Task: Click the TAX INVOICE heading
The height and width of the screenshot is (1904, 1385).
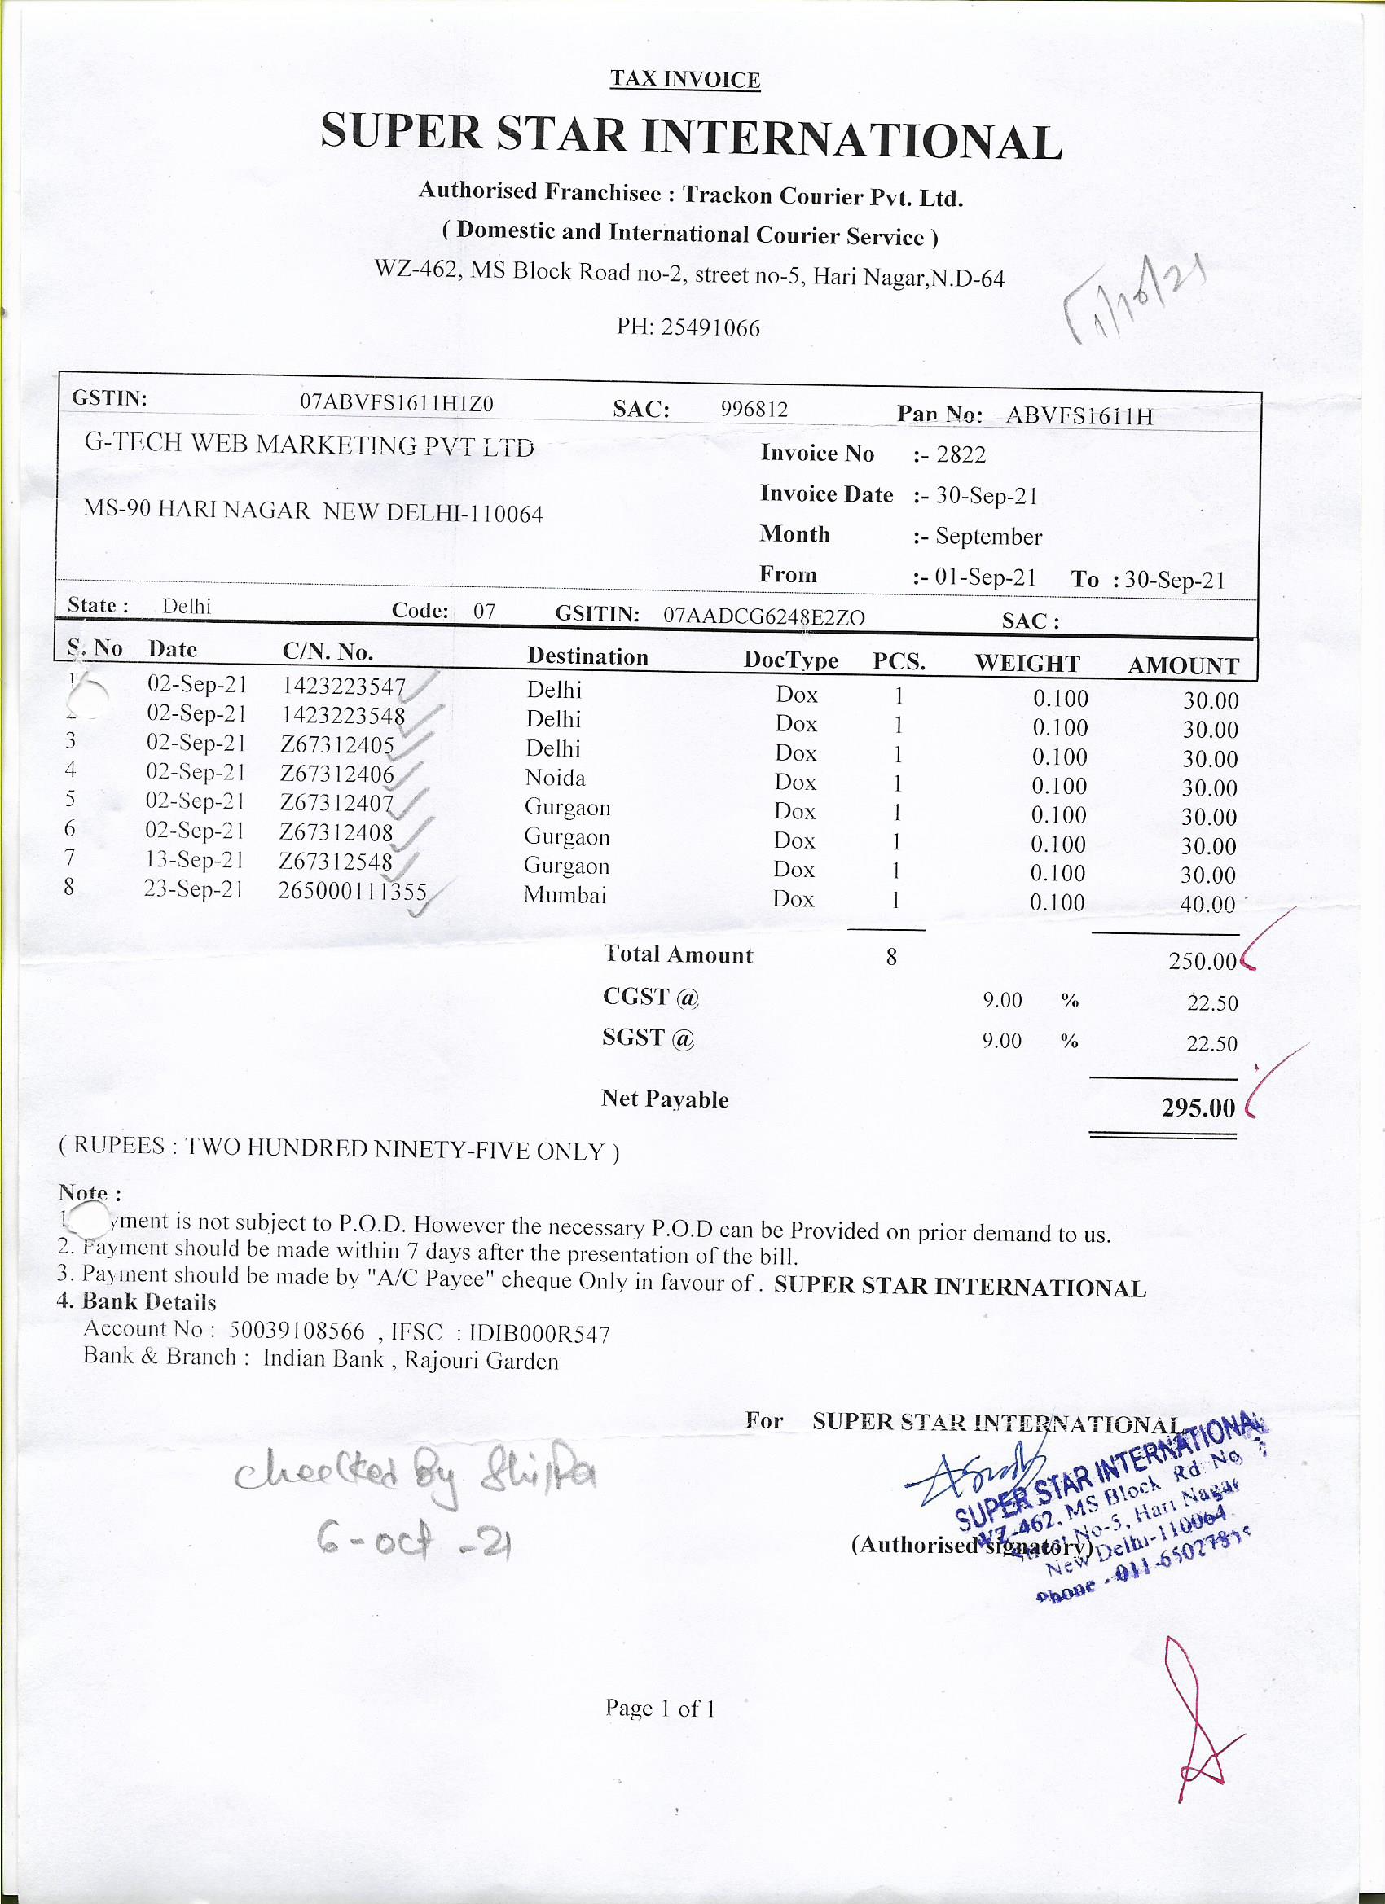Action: pyautogui.click(x=684, y=80)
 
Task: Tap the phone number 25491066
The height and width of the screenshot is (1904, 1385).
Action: pyautogui.click(x=710, y=327)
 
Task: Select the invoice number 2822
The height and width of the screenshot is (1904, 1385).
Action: pyautogui.click(x=961, y=454)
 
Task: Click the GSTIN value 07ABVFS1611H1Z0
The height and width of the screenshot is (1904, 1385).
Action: pyautogui.click(x=397, y=403)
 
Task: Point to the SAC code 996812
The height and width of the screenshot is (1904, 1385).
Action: pyautogui.click(x=754, y=409)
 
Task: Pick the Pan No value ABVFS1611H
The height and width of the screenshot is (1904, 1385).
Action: pyautogui.click(x=1079, y=415)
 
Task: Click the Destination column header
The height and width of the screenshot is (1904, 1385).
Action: pyautogui.click(x=587, y=656)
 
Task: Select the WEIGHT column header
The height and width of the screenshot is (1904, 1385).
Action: pyautogui.click(x=1027, y=663)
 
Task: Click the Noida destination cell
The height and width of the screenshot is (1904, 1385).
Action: pyautogui.click(x=555, y=779)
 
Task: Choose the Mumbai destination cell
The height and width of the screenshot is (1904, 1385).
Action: pyautogui.click(x=565, y=895)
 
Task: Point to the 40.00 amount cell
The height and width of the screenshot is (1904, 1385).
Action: pyautogui.click(x=1207, y=904)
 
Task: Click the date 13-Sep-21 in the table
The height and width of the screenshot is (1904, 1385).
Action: pyautogui.click(x=194, y=860)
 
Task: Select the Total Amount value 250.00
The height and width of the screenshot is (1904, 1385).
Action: pyautogui.click(x=1202, y=961)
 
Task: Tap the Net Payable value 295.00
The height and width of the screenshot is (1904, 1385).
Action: pyautogui.click(x=1198, y=1108)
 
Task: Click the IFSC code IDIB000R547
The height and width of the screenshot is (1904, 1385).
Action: pyautogui.click(x=539, y=1333)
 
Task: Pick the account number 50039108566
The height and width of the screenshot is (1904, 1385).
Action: pyautogui.click(x=297, y=1331)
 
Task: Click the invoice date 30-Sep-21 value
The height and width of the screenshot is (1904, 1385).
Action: pyautogui.click(x=986, y=495)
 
